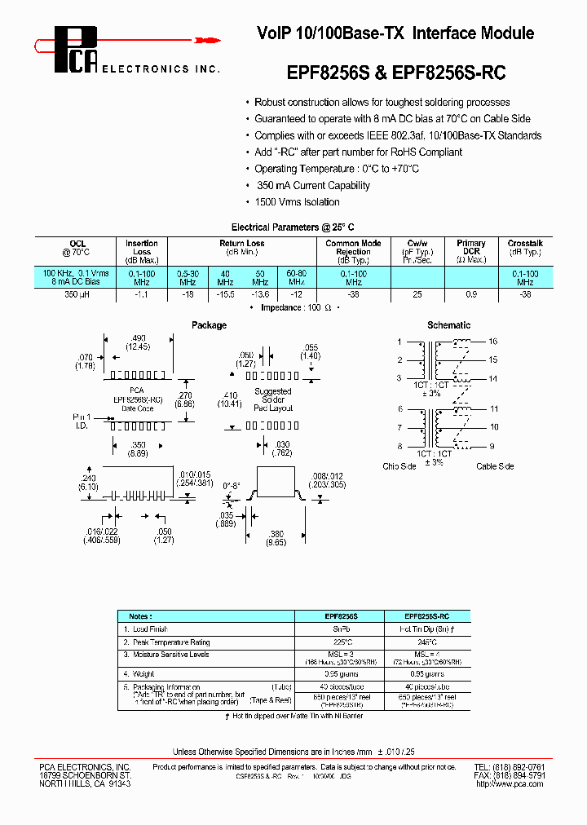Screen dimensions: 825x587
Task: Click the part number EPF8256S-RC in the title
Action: (449, 73)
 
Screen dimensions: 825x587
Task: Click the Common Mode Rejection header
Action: (353, 248)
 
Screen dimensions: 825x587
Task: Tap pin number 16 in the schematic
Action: (493, 342)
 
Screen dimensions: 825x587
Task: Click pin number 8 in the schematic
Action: (399, 446)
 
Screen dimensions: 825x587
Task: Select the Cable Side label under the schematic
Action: (495, 466)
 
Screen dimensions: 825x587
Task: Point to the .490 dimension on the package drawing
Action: (139, 338)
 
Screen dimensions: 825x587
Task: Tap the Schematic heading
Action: (449, 325)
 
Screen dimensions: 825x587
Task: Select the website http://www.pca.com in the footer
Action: (510, 783)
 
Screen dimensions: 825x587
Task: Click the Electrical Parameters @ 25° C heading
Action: (293, 227)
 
